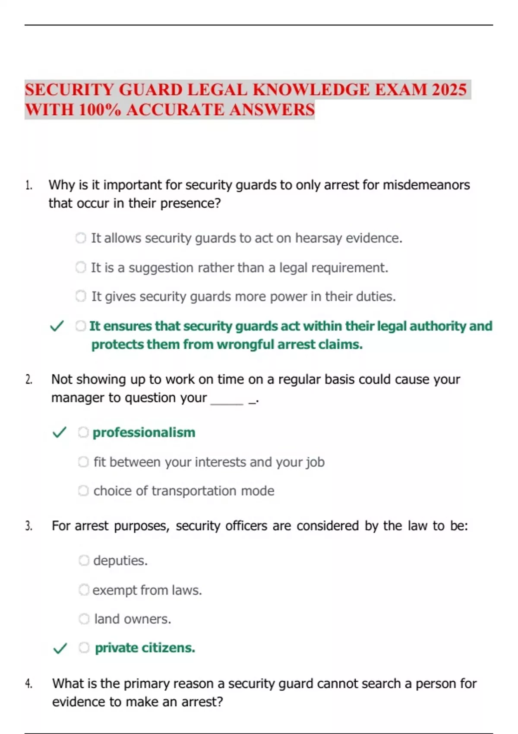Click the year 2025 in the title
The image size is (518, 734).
[x=449, y=90]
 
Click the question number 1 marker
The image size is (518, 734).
[x=28, y=186]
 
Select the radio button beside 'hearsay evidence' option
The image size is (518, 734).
[x=81, y=238]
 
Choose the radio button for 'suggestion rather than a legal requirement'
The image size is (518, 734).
[x=81, y=267]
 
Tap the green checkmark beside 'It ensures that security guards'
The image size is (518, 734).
[x=57, y=326]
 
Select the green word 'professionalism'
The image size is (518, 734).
[x=144, y=432]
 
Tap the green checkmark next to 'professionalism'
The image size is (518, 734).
[x=59, y=432]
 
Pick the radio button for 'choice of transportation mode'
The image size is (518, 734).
[x=83, y=491]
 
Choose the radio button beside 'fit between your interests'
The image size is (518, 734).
[x=83, y=462]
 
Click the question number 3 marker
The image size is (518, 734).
[x=28, y=526]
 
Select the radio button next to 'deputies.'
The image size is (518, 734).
[x=84, y=560]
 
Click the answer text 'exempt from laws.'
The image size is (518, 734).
[x=147, y=590]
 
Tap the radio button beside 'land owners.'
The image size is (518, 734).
[x=84, y=619]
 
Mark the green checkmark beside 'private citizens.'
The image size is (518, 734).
[x=60, y=648]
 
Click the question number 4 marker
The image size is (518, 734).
[x=28, y=684]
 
